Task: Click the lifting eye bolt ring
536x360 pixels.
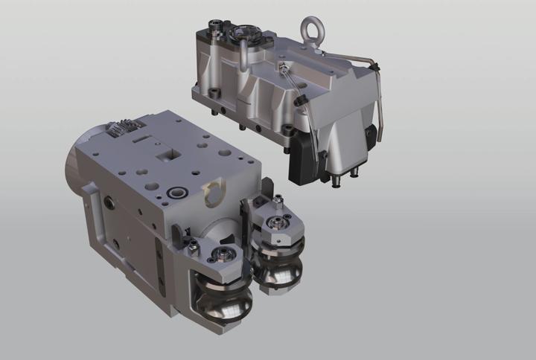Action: [309, 31]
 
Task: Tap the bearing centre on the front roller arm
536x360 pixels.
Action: [221, 255]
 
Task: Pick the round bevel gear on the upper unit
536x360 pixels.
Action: [243, 33]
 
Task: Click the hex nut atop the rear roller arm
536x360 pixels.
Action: [278, 198]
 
